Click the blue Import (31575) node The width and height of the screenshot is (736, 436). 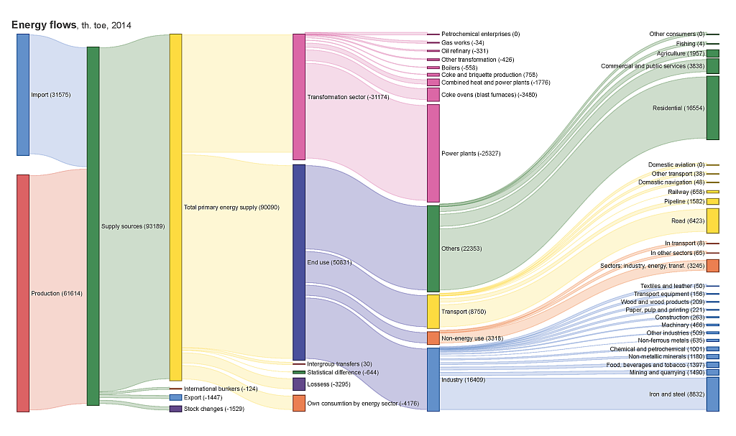point(23,94)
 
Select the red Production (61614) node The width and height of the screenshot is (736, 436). point(23,293)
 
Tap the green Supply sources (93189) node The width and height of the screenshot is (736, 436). point(93,226)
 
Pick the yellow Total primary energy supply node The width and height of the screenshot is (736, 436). point(175,207)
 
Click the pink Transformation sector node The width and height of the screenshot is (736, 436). point(299,97)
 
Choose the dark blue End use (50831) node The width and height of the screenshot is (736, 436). point(299,262)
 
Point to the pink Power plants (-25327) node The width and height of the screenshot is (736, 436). point(433,153)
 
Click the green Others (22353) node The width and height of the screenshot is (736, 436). point(433,249)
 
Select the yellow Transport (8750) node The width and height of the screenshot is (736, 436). point(433,312)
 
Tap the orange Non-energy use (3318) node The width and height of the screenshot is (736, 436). point(433,338)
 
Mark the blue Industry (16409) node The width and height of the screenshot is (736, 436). point(433,379)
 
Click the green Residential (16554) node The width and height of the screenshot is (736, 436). point(712,108)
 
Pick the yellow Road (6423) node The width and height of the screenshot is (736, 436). point(712,221)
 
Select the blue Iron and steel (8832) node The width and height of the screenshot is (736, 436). point(712,394)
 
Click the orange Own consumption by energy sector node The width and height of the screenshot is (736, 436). point(299,403)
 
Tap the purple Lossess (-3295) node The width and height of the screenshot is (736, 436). point(299,384)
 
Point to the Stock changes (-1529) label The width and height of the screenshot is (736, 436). point(214,409)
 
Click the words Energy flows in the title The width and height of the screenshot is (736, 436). point(44,25)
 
